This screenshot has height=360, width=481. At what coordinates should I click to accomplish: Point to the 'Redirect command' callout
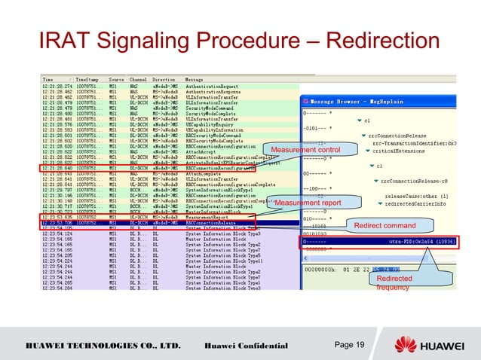coord(384,225)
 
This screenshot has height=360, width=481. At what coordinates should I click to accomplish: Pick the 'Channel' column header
coord(138,78)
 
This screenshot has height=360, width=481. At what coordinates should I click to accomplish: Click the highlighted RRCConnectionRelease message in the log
coord(211,223)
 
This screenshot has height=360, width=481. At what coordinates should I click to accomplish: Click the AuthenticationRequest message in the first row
coord(211,84)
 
